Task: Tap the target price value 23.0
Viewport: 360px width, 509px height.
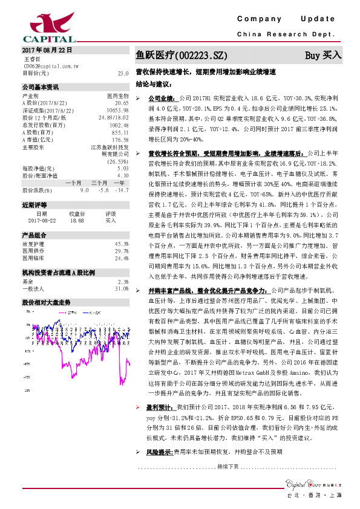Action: pyautogui.click(x=123, y=73)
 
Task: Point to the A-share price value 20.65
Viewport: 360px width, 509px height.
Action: pyautogui.click(x=122, y=103)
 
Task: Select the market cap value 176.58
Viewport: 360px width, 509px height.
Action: pyautogui.click(x=121, y=140)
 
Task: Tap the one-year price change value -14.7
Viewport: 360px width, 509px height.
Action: pyautogui.click(x=122, y=189)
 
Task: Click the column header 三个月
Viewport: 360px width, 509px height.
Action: pyautogui.click(x=99, y=183)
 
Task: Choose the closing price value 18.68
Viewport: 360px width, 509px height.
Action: pyautogui.click(x=77, y=221)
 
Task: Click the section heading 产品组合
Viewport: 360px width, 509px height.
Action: pyautogui.click(x=34, y=235)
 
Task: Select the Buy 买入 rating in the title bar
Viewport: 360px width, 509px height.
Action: pyautogui.click(x=323, y=55)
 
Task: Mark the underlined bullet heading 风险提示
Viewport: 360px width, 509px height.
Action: pyautogui.click(x=160, y=452)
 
